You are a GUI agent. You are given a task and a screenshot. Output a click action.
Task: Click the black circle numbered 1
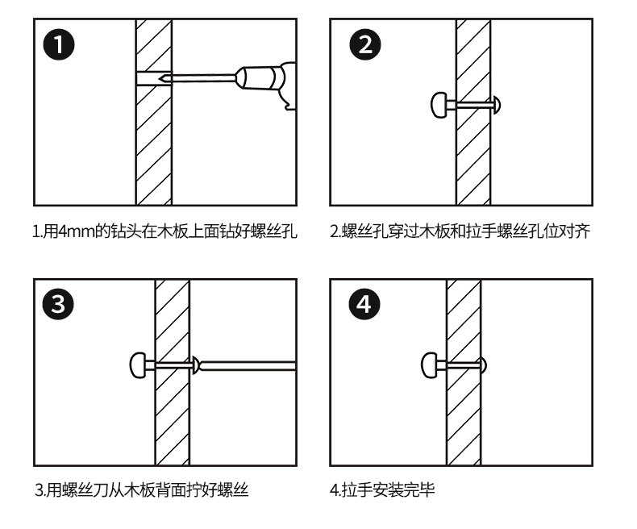[x=60, y=44]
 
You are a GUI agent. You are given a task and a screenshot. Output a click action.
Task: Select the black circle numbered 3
[x=60, y=305]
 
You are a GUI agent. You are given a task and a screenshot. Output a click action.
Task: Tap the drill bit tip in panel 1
[x=164, y=78]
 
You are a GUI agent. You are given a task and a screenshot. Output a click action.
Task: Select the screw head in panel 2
[x=499, y=104]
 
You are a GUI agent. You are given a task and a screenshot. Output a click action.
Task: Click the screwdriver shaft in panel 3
[x=250, y=366]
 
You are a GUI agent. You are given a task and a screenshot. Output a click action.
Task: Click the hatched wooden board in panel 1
[x=153, y=145]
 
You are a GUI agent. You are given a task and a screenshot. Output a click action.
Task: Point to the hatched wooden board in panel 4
[x=463, y=419]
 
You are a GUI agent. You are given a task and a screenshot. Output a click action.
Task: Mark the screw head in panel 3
[x=195, y=366]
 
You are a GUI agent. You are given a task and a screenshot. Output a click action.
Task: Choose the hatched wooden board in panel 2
[x=473, y=153]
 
